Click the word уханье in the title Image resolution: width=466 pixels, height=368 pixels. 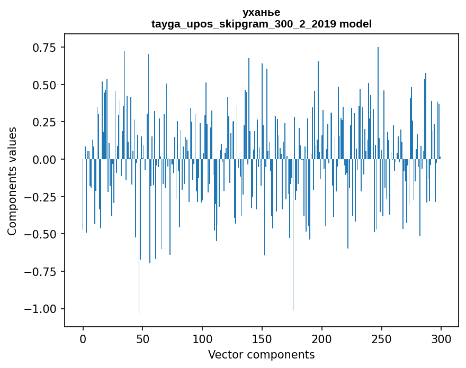[261, 12]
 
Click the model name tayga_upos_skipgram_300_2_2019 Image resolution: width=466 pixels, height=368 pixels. [244, 24]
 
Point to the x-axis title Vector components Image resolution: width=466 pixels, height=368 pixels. [261, 355]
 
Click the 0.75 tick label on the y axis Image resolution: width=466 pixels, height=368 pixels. [44, 48]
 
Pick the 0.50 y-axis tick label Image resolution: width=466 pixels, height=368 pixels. [44, 85]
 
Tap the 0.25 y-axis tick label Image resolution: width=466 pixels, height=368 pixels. [44, 122]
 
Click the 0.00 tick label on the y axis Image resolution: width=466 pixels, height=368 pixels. [44, 160]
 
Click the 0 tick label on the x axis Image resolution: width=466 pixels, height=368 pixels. [83, 339]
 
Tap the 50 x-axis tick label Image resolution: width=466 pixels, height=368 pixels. [142, 339]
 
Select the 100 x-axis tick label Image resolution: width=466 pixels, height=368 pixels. [202, 339]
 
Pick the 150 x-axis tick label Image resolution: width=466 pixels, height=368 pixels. [262, 339]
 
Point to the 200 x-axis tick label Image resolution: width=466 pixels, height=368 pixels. [321, 339]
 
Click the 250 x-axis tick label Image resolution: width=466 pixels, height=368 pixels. [381, 339]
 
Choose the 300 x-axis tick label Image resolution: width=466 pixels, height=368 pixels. [441, 339]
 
